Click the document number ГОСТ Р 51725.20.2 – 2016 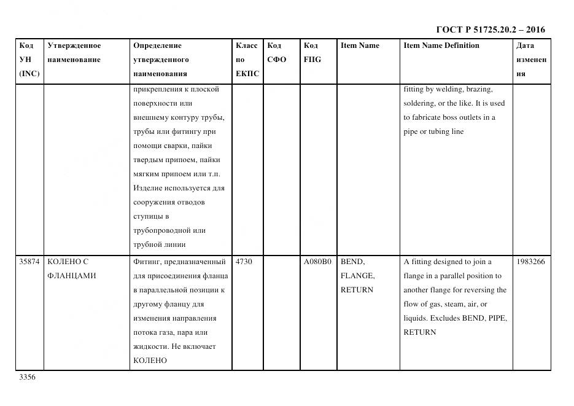(x=490, y=29)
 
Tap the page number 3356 (x=27, y=377)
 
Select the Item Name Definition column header (x=441, y=45)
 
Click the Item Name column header (x=360, y=45)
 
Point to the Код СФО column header (x=276, y=53)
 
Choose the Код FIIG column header (x=312, y=53)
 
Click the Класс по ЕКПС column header (x=247, y=60)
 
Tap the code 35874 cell (x=29, y=262)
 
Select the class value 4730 (x=244, y=262)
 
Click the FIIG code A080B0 (x=317, y=262)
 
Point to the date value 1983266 (x=530, y=262)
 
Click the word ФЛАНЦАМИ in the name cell (x=71, y=276)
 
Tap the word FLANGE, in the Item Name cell (x=357, y=276)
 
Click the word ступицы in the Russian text (x=147, y=216)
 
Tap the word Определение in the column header (x=157, y=45)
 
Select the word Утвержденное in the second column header (x=74, y=45)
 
